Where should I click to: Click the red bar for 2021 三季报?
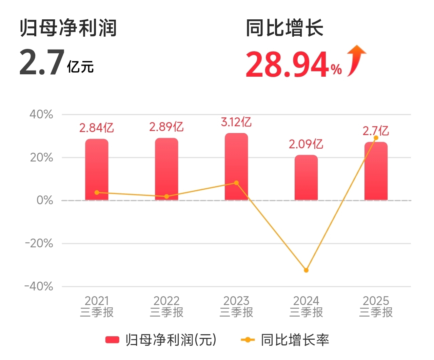pos(97,169)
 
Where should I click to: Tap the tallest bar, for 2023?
pos(236,166)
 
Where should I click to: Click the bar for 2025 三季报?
pos(376,171)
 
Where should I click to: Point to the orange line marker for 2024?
pos(306,270)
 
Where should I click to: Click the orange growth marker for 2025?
pos(376,138)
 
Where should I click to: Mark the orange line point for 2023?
pos(236,183)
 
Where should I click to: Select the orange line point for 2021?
pos(97,192)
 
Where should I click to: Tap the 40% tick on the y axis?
pos(41,115)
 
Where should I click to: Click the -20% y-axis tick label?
pos(39,244)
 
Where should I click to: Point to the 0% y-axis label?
pos(45,201)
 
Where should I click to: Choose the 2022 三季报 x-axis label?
pos(166,306)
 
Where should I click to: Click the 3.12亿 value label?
pos(236,122)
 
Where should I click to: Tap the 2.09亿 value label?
pos(306,144)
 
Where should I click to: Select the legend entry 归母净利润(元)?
pos(161,340)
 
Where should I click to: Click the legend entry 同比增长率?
pos(285,340)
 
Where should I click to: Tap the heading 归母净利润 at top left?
pos(68,28)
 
